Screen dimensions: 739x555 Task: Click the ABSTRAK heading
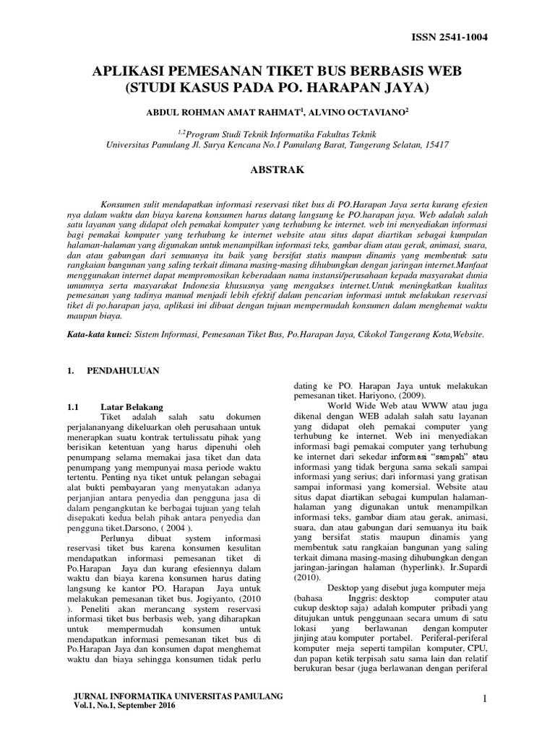pos(277,170)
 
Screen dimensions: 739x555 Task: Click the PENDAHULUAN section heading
pos(124,370)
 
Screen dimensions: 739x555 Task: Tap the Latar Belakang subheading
pos(132,406)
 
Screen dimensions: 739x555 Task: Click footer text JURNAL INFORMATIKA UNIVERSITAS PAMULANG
pos(178,695)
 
